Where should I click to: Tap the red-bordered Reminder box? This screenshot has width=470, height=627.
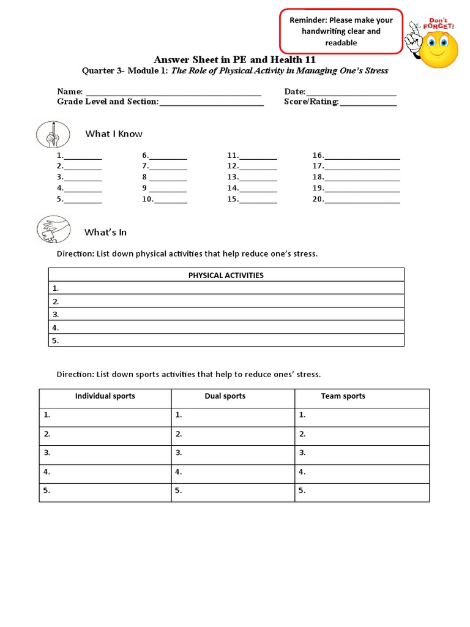pos(341,31)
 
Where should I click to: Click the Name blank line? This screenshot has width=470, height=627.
pos(173,92)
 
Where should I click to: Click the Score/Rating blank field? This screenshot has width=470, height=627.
pos(368,103)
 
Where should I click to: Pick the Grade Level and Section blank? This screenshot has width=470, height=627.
pos(211,103)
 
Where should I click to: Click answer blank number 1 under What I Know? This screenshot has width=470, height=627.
pos(83,157)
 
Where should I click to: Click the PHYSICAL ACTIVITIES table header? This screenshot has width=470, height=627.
pos(226,275)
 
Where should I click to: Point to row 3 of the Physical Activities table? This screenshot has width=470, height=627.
pos(226,315)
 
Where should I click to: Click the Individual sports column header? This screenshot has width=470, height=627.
pos(105,397)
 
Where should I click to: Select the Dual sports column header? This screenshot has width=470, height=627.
pos(225,397)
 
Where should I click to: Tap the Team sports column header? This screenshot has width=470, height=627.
pos(343,397)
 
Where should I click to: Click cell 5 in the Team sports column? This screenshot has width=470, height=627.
pos(362,492)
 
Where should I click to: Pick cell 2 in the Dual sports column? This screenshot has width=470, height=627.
pos(233,435)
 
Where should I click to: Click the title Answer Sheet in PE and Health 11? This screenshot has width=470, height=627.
pos(234,59)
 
